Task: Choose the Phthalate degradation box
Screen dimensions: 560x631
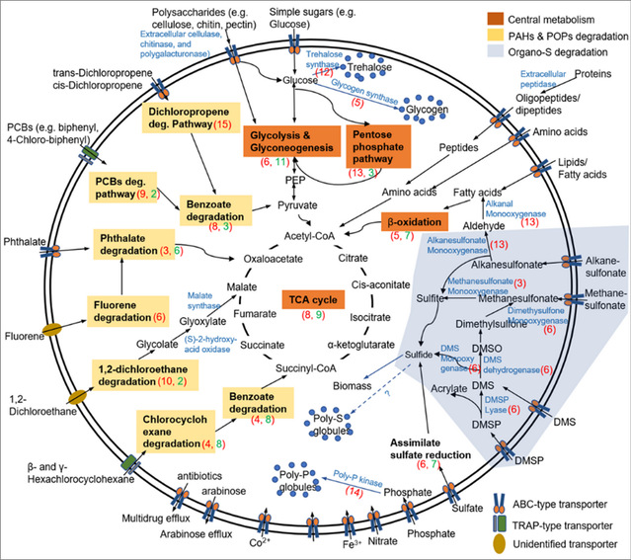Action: point(138,246)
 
